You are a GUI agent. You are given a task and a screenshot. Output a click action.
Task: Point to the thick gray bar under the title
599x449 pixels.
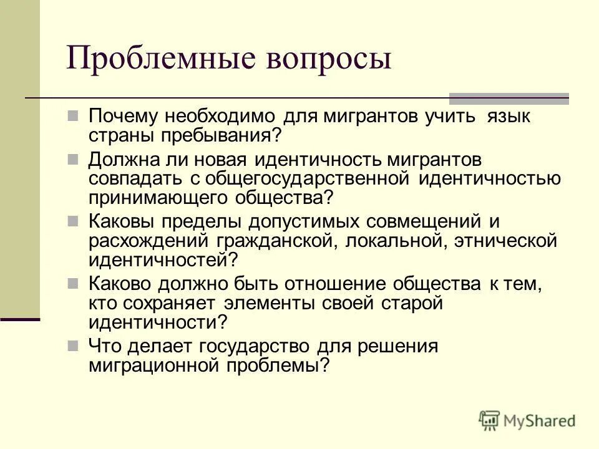click(x=509, y=98)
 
